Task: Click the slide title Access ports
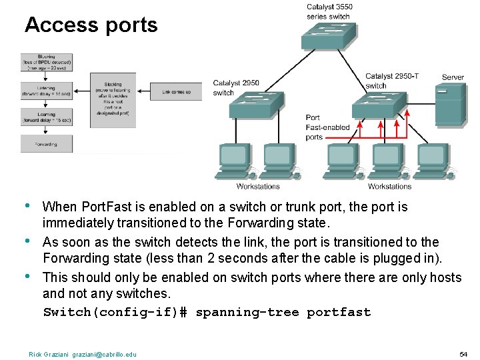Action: (91, 25)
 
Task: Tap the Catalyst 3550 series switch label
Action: (329, 11)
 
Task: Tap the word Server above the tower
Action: (453, 77)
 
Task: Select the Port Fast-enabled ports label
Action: (327, 127)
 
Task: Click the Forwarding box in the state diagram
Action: (46, 144)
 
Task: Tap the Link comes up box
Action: (175, 91)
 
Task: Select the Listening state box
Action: (46, 91)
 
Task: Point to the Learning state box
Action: (46, 118)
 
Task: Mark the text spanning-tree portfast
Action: (283, 312)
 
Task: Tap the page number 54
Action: (464, 353)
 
